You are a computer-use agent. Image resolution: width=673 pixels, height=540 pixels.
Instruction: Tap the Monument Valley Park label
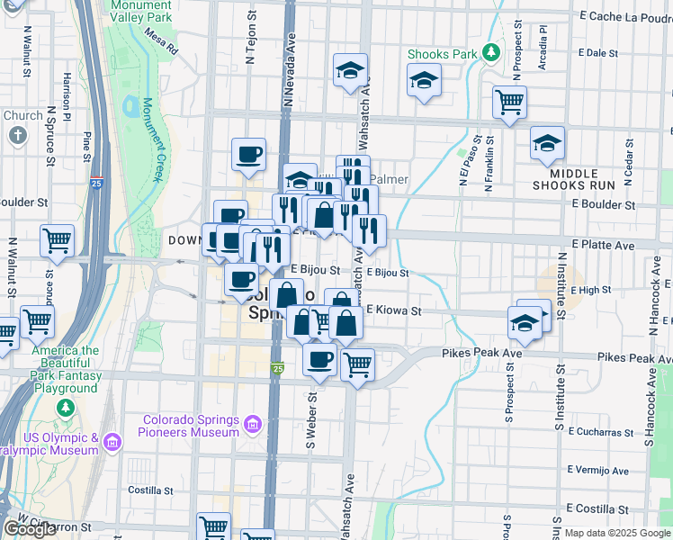tap(141, 11)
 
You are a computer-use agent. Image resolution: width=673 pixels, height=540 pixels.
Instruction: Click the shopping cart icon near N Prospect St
tap(509, 103)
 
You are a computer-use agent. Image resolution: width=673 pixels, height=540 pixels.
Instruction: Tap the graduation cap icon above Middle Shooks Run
tap(547, 143)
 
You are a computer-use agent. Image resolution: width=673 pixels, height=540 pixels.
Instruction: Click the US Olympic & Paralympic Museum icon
tap(112, 442)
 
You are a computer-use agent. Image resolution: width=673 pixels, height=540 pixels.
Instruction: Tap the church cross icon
tap(18, 135)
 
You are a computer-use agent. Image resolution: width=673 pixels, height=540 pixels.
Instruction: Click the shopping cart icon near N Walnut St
tap(57, 242)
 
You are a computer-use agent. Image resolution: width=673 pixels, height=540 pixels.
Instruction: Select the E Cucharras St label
tap(600, 432)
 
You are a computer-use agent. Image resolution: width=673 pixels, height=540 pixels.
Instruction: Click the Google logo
tap(30, 529)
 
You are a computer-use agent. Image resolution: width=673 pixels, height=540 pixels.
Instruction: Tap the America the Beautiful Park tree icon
tap(65, 409)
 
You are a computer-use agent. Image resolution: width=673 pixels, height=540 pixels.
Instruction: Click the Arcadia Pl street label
tap(543, 51)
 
